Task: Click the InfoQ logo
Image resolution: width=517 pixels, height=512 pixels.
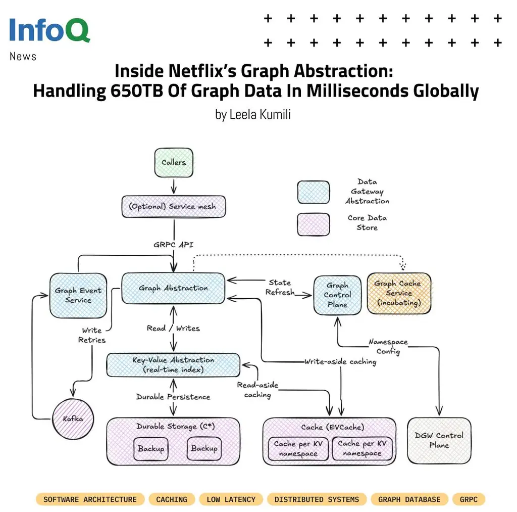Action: [49, 30]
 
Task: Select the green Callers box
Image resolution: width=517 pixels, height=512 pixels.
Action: [174, 163]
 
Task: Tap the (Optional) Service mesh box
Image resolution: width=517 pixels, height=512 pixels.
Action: [174, 207]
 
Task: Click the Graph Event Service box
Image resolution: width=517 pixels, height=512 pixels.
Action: [78, 295]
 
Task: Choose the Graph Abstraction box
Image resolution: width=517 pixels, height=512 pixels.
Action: [173, 288]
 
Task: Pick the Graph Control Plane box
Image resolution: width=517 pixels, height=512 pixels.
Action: [337, 295]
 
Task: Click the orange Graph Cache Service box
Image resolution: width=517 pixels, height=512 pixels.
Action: [399, 293]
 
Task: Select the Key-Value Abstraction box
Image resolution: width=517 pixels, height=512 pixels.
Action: [173, 364]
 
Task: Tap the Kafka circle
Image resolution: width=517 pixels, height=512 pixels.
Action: [73, 418]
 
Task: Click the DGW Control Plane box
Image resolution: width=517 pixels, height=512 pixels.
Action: [439, 440]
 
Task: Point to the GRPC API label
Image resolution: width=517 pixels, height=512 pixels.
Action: [174, 244]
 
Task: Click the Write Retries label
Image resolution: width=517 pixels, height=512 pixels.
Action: [92, 335]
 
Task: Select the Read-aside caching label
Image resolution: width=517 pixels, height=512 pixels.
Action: [257, 390]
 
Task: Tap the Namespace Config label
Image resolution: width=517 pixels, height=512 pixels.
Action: [388, 347]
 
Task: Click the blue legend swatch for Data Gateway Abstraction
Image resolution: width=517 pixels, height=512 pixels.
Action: [314, 192]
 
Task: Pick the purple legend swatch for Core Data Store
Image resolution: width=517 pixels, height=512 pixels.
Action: [314, 224]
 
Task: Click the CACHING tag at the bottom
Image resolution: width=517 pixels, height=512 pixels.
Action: [172, 499]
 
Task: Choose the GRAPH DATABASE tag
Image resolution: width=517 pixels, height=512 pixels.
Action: [409, 499]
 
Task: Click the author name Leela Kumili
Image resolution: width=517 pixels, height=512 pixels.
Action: [253, 115]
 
